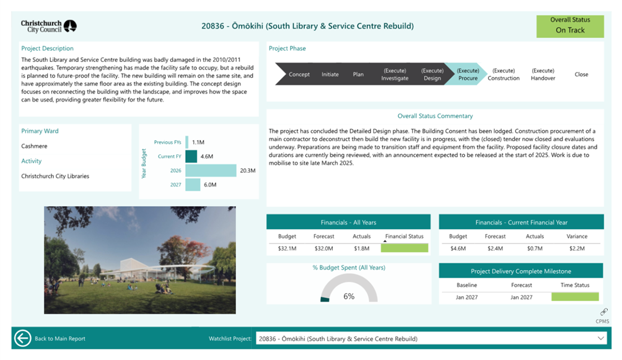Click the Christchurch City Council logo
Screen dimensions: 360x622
(48, 26)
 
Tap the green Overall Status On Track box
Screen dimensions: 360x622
(569, 25)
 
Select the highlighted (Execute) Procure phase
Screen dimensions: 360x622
(468, 74)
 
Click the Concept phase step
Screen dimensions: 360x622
(299, 74)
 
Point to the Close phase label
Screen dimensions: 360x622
(581, 74)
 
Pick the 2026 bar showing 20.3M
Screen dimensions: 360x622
(211, 170)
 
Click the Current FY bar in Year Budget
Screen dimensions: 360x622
(191, 156)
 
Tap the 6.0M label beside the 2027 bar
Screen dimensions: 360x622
(210, 185)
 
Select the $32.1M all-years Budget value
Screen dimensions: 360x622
(287, 248)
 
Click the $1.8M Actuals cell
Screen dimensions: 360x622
(361, 248)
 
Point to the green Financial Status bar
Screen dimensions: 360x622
(405, 248)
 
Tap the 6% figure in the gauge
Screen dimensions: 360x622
(349, 296)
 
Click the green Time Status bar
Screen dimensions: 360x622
(576, 297)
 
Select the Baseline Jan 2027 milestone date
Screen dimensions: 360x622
(466, 297)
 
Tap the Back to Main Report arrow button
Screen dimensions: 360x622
(23, 338)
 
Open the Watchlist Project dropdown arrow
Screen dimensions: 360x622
(600, 338)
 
